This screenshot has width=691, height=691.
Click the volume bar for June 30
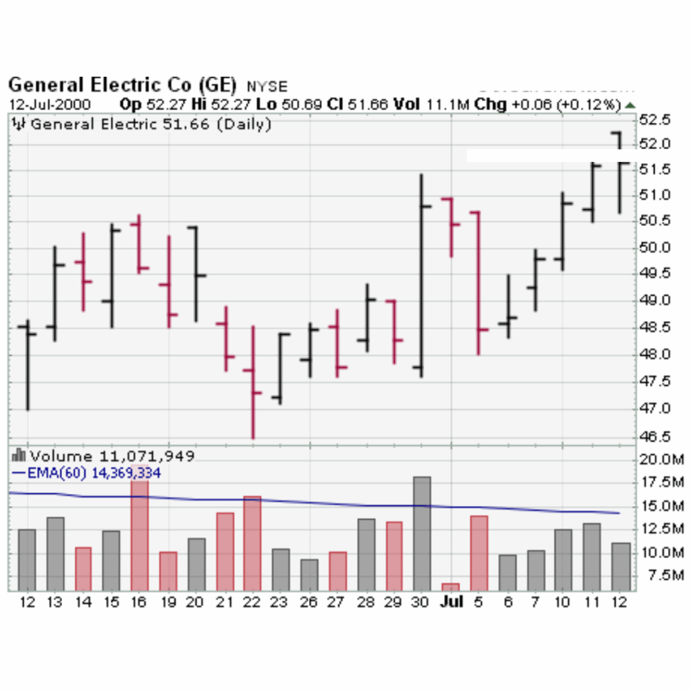422,534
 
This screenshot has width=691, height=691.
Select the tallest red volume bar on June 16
140,533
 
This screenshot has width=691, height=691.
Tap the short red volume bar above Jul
450,586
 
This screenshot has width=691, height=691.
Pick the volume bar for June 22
252,543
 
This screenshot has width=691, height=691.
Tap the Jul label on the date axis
451,601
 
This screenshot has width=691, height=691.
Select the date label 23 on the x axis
281,602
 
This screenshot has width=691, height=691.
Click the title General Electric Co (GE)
122,85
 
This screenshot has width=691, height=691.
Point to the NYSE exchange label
267,87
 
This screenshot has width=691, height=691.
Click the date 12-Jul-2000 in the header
51,105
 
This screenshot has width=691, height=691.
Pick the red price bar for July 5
478,283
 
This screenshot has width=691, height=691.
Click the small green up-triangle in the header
630,105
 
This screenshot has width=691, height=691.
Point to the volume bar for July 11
591,557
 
